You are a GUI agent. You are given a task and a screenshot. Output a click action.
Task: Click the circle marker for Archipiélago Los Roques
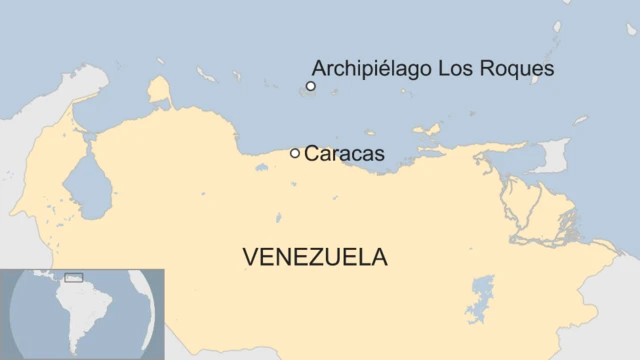coord(311,87)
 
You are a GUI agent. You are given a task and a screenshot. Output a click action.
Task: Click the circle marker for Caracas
coord(295,153)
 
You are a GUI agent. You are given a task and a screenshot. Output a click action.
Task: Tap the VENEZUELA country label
coord(314,257)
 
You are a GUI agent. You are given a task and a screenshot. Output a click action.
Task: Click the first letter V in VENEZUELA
coord(249,257)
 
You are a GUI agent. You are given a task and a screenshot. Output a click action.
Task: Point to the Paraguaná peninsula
coord(158,93)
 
